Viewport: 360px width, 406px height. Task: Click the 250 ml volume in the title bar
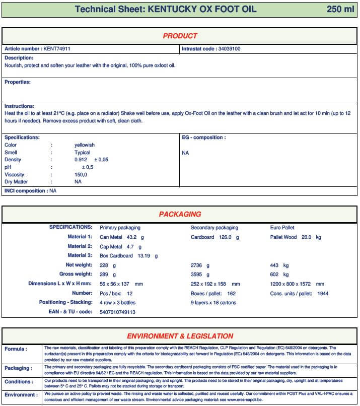340,9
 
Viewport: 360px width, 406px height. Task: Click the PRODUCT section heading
180,36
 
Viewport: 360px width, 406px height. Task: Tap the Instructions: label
20,106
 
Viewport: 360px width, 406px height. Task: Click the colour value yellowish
84,145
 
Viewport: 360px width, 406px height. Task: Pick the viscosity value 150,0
81,174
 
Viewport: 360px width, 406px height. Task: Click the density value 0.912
81,160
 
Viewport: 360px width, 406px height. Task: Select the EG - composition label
203,137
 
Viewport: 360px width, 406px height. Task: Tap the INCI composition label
26,191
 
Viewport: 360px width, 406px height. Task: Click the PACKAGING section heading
180,214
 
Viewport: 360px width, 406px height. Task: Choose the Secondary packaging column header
214,228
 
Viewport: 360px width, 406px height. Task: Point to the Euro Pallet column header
282,228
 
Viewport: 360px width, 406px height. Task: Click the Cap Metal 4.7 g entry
121,247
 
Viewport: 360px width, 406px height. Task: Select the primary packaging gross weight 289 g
108,275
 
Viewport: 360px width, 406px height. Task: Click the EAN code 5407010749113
117,312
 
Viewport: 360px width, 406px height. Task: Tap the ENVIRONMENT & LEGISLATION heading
180,336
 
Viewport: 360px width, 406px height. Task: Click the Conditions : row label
19,382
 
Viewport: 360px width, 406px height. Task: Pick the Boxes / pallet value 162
232,293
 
